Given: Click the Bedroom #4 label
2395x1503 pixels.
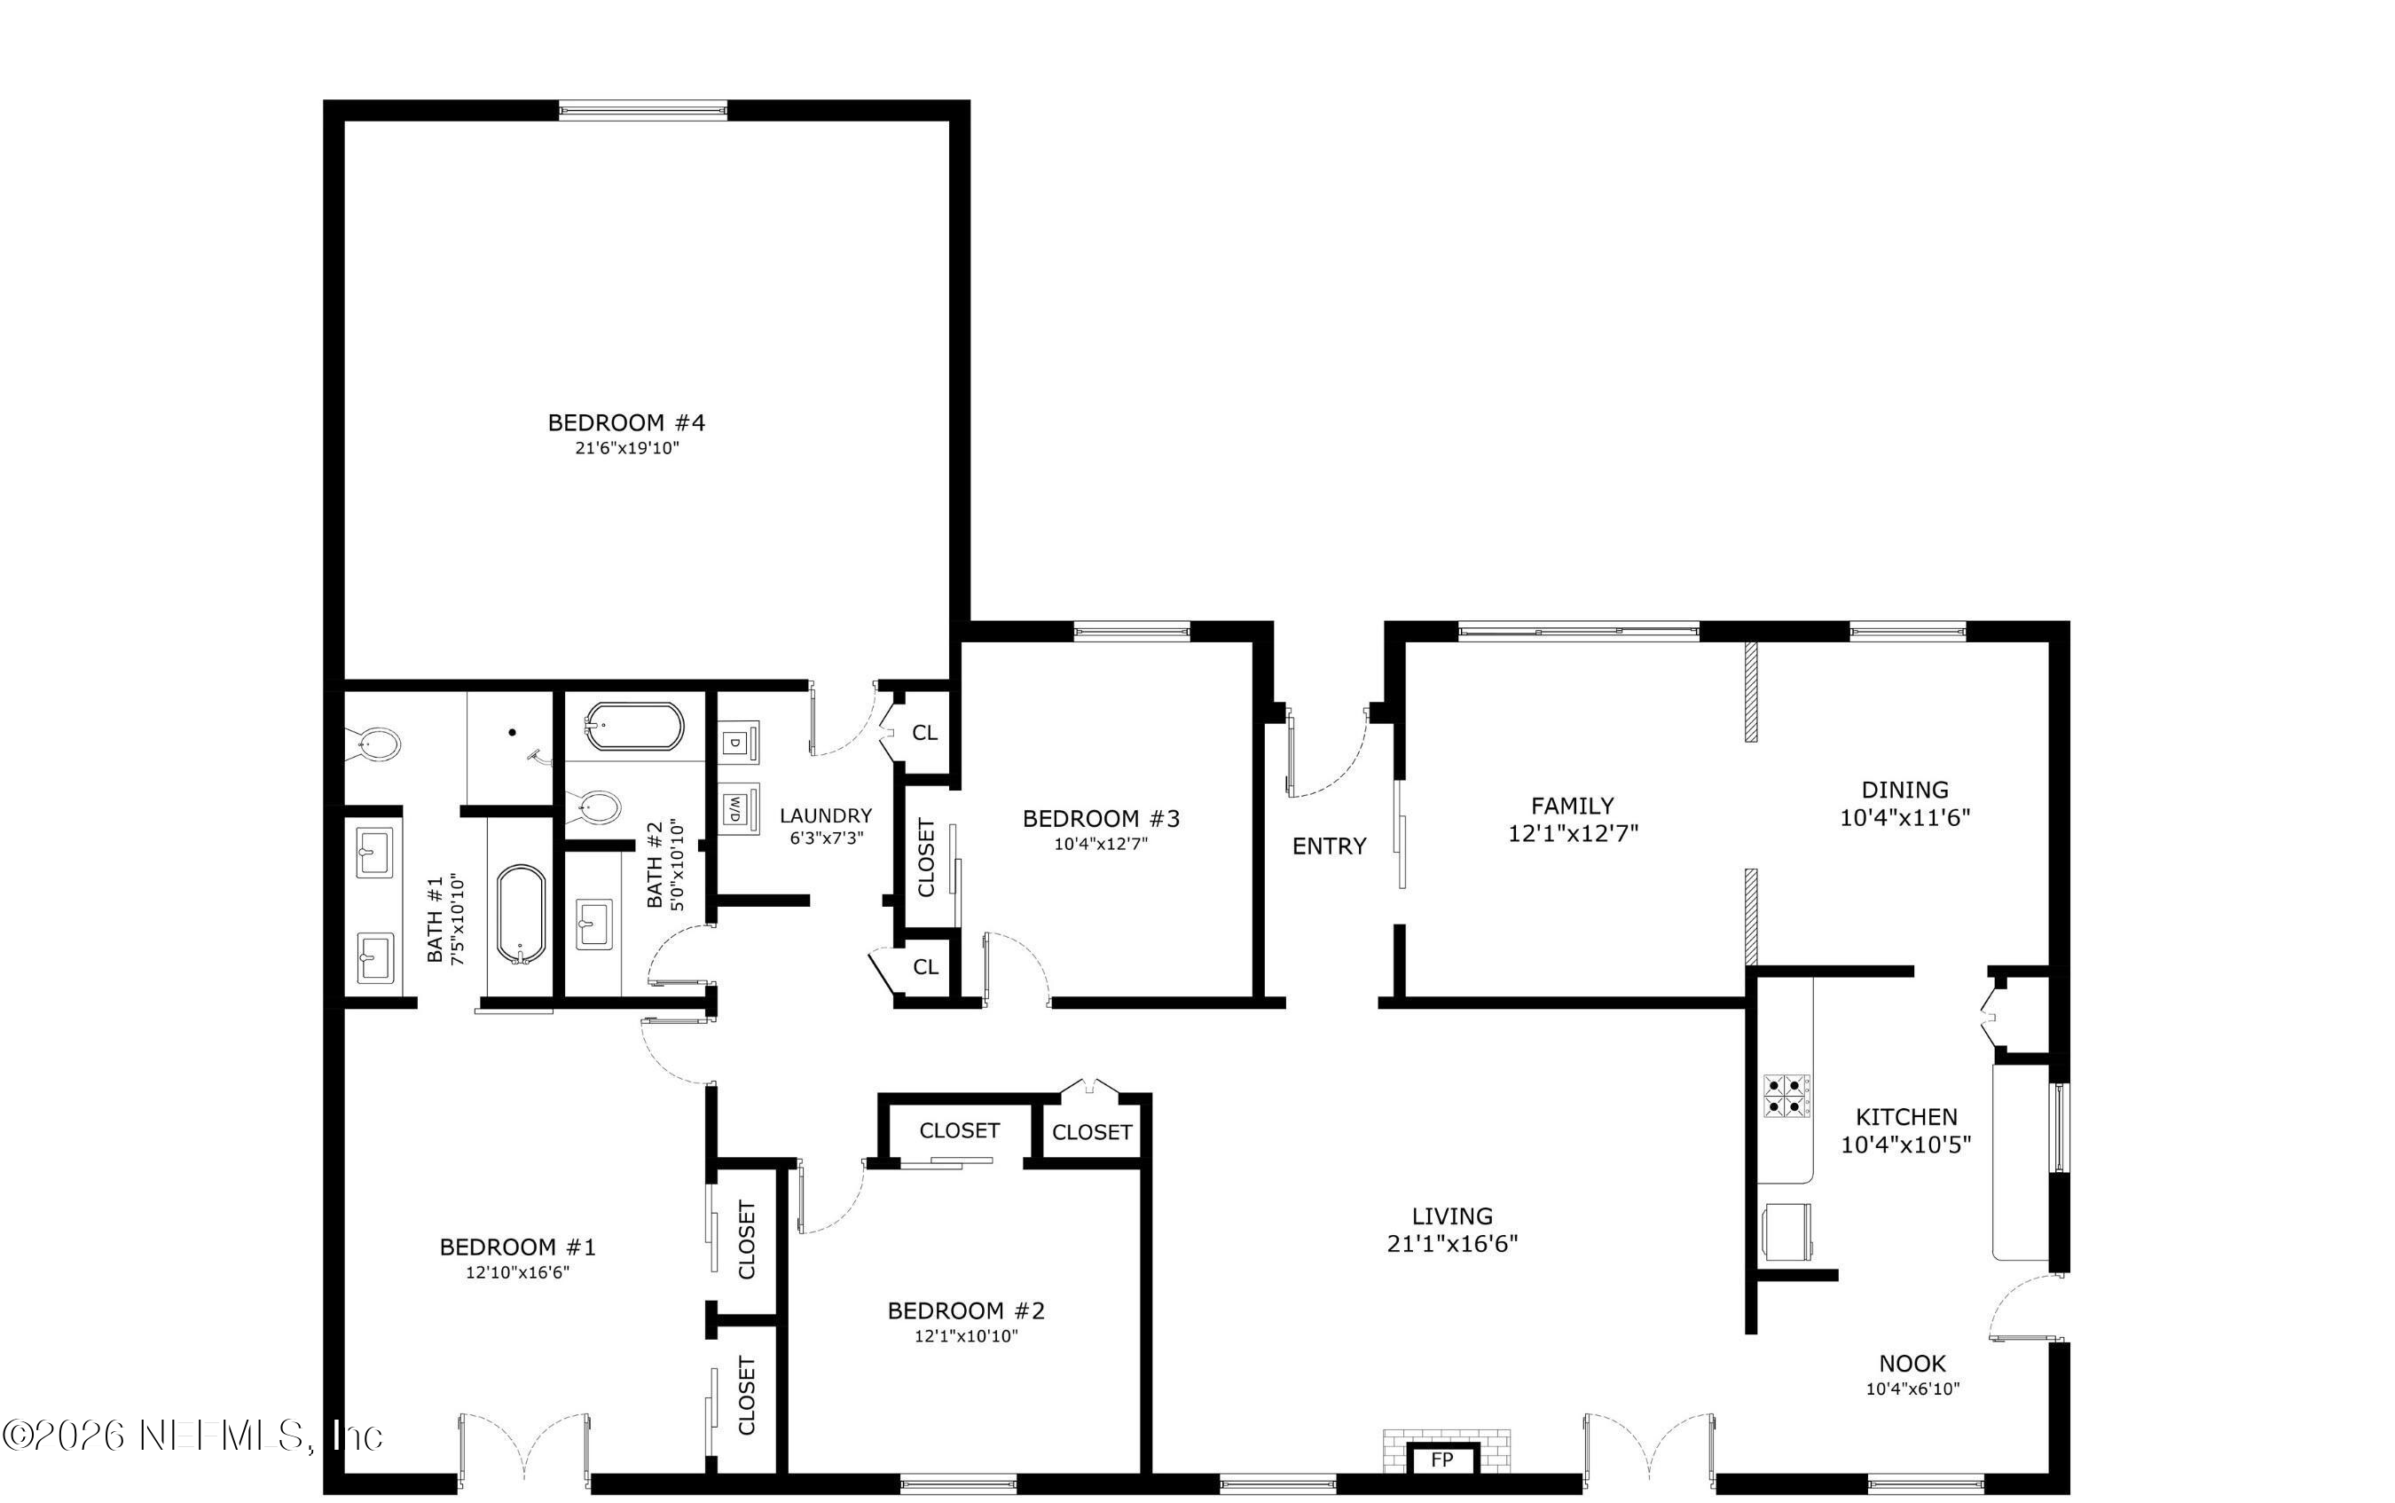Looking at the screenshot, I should pos(626,422).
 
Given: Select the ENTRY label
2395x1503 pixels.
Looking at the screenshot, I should pos(1329,846).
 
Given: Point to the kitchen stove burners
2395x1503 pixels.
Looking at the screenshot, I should pos(1785,1095).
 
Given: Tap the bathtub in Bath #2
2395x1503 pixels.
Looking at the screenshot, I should pos(634,727).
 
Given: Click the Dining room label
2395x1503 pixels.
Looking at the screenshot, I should pos(1904,791).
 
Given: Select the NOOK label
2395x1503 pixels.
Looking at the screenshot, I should pos(1911,1364).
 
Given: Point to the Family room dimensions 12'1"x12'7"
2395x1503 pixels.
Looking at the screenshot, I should pos(1572,833).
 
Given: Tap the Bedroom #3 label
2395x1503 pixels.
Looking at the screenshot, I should pos(1100,819).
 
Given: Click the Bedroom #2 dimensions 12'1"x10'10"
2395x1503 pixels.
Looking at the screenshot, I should pos(966,1336).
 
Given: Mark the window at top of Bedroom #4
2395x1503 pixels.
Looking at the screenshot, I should pos(642,109).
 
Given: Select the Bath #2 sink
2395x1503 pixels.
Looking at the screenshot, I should pos(594,925).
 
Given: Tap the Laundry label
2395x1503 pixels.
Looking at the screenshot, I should pos(826,816).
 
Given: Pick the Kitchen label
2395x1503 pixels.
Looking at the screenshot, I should pos(1906,1117).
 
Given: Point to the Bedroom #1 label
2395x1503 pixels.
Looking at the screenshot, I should pos(517,1247).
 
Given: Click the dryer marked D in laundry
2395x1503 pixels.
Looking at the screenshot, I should pos(737,742).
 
